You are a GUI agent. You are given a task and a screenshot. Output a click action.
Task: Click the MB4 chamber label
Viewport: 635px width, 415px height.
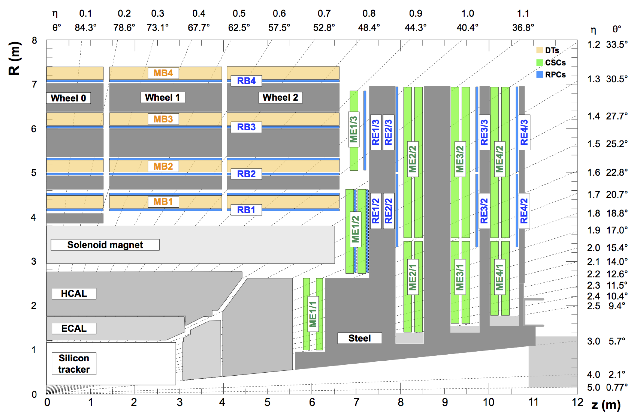click(163, 73)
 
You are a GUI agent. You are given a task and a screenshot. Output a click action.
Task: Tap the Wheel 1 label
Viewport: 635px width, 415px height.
click(163, 98)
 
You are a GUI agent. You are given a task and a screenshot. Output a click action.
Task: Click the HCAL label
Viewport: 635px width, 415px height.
click(74, 293)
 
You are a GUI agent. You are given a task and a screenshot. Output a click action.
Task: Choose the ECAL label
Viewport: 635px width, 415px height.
click(74, 328)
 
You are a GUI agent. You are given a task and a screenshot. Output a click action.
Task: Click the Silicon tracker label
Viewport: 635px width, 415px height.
click(74, 363)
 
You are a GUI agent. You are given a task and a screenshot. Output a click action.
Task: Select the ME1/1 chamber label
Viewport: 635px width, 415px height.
click(313, 314)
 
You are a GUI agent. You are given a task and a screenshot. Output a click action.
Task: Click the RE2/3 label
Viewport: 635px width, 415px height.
click(388, 132)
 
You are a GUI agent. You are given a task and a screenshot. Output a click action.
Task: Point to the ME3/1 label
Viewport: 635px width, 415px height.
click(460, 277)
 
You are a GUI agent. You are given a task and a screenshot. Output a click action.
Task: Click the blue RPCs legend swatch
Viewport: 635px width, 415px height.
click(539, 74)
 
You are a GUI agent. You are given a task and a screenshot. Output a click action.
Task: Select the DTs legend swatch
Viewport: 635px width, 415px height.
click(539, 50)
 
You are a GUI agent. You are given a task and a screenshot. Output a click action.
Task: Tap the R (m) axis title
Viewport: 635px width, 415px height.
click(14, 59)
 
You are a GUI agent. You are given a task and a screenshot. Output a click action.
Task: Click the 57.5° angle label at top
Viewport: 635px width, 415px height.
click(279, 27)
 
